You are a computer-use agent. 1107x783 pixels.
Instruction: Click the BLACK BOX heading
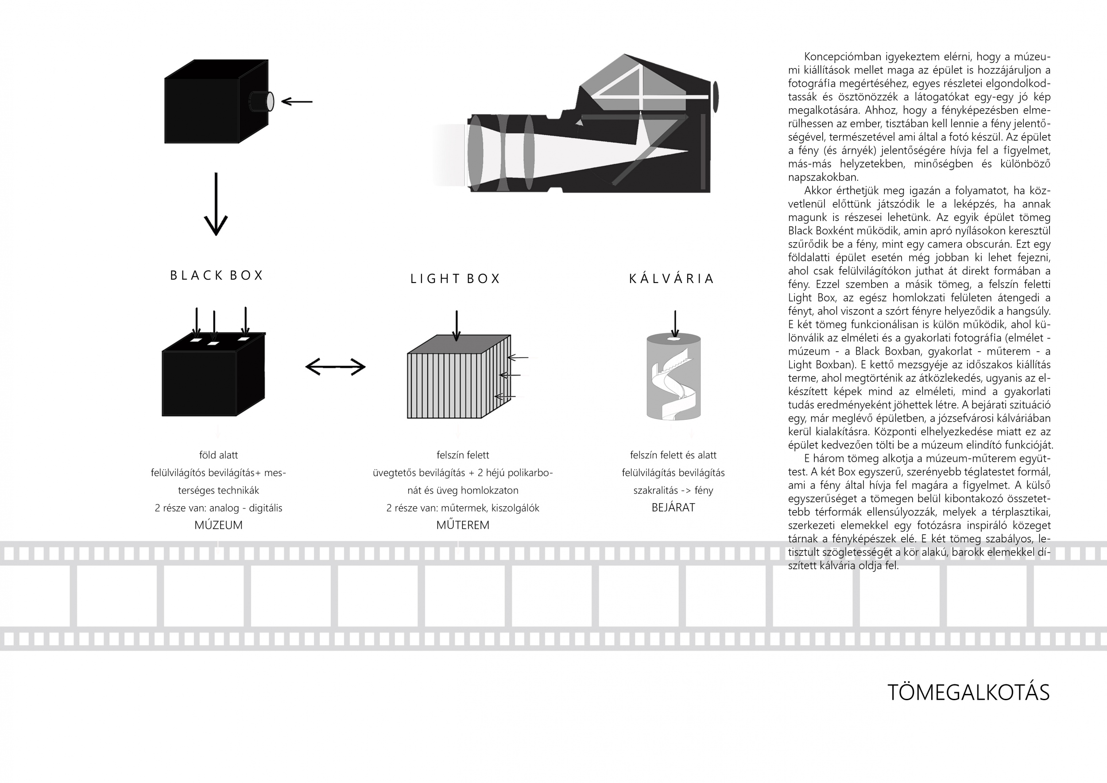[x=217, y=275]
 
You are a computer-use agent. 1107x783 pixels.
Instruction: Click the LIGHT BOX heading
[x=455, y=279]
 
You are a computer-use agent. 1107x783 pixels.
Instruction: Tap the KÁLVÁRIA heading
[x=671, y=279]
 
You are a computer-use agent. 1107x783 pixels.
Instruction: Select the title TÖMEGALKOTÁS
[x=968, y=692]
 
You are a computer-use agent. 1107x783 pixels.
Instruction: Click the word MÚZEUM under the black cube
[x=218, y=525]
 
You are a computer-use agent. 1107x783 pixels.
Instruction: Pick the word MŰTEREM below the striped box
[x=462, y=525]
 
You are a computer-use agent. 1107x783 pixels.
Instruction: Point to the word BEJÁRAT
[x=673, y=507]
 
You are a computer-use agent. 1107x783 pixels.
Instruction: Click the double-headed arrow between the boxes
[x=336, y=367]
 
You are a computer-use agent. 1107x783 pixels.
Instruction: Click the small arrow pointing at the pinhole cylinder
[x=297, y=101]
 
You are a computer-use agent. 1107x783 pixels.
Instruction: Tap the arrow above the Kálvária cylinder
[x=675, y=323]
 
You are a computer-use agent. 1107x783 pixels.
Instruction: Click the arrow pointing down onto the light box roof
[x=456, y=326]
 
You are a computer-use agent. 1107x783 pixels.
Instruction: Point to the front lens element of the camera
[x=475, y=152]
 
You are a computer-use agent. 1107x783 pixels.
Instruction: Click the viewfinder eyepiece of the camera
[x=716, y=94]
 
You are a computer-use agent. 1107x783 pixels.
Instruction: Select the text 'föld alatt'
[x=218, y=455]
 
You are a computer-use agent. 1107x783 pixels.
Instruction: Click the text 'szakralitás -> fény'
[x=673, y=490]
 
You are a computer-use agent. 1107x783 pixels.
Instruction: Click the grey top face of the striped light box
[x=458, y=344]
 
